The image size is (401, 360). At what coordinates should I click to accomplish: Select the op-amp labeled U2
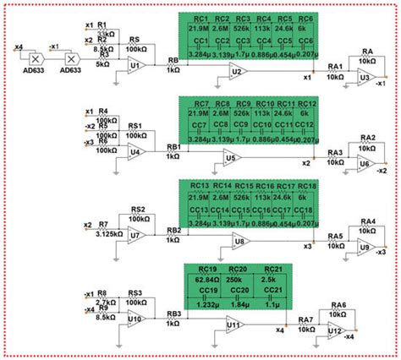coord(234,74)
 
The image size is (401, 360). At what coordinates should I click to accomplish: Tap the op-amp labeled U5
coord(230,158)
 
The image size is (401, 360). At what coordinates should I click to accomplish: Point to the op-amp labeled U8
coord(241,242)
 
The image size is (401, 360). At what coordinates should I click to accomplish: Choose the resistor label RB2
coord(173,230)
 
